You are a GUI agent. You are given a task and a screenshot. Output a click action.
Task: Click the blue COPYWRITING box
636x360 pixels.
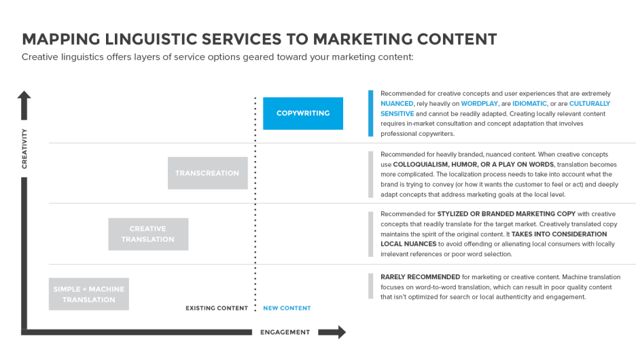(x=303, y=113)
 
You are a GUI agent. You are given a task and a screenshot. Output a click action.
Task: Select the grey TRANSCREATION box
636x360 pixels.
(x=207, y=173)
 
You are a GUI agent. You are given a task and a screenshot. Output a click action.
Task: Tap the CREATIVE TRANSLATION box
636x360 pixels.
(x=147, y=234)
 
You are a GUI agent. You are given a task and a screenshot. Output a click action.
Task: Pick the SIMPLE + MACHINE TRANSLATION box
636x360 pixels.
(x=88, y=294)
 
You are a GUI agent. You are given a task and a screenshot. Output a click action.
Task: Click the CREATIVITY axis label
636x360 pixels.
(x=24, y=148)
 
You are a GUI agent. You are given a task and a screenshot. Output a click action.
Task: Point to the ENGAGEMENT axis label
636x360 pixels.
(x=285, y=332)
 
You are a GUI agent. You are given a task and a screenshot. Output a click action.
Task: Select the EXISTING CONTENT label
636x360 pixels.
(x=217, y=308)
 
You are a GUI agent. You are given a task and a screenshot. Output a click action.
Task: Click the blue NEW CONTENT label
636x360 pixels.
(x=287, y=308)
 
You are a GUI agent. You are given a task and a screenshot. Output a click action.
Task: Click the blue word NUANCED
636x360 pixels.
(x=397, y=104)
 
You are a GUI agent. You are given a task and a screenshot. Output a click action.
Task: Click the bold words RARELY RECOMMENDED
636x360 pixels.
(x=418, y=276)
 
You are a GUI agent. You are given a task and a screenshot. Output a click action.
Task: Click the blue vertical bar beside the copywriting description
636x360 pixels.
(x=370, y=113)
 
